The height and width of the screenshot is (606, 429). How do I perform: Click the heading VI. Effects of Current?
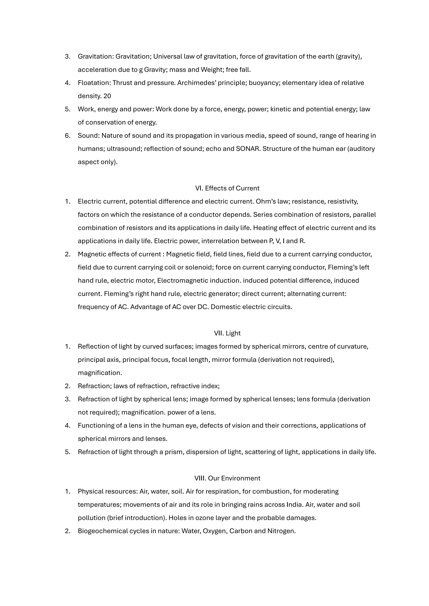point(227,188)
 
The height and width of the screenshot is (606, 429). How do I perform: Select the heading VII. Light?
point(227,333)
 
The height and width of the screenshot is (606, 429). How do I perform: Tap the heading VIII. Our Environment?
point(227,478)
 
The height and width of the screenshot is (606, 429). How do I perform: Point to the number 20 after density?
point(107,96)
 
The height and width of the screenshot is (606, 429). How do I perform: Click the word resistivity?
point(343,201)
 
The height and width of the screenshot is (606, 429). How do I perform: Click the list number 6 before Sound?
point(67,136)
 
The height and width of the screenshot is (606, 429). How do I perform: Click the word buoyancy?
point(264,83)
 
